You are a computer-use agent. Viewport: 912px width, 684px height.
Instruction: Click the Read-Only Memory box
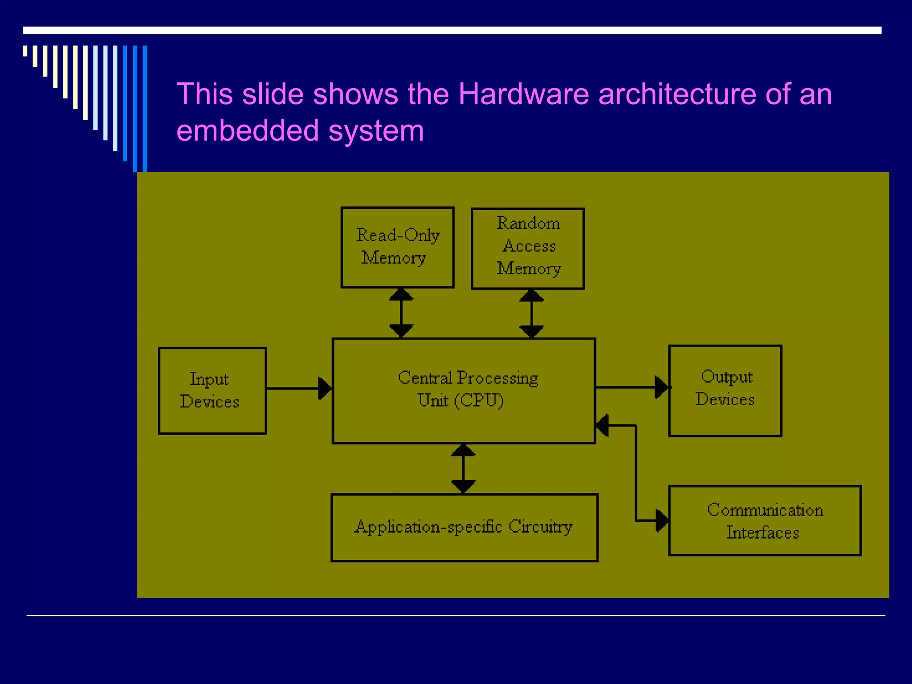click(x=397, y=248)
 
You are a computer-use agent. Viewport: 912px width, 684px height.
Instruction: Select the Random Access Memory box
click(x=528, y=248)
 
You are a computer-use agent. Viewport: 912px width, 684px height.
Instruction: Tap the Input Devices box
click(x=212, y=391)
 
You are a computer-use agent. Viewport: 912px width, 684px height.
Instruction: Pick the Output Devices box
click(x=725, y=391)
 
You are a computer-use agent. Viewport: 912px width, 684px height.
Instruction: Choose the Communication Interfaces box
click(x=765, y=521)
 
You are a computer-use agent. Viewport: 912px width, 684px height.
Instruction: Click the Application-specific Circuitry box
click(x=464, y=528)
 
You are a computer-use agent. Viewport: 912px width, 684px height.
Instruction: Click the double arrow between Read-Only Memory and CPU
click(x=401, y=313)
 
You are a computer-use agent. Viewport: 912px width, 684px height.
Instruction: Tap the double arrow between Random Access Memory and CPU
click(x=531, y=313)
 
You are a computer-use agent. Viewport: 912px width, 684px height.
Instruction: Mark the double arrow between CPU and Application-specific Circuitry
click(x=463, y=468)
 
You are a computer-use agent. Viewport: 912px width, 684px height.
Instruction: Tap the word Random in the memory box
click(x=528, y=223)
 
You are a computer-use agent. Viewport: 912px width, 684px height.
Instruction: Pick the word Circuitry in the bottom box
click(x=540, y=527)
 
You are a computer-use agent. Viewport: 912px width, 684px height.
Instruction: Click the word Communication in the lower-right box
click(x=765, y=510)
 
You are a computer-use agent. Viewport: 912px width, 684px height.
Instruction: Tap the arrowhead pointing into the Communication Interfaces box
click(x=662, y=521)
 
